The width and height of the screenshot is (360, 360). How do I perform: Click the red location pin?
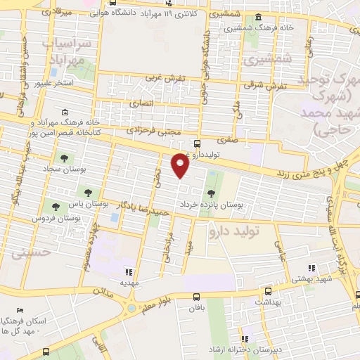[181, 164]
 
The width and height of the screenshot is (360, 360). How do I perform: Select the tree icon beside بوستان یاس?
[88, 192]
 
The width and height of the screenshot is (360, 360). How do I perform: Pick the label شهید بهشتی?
[300, 279]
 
